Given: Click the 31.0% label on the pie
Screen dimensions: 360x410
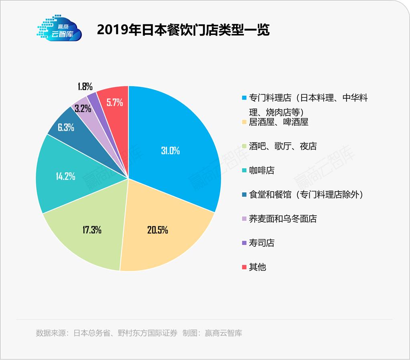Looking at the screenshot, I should click(170, 151).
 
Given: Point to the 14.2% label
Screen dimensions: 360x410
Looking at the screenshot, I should click(64, 176).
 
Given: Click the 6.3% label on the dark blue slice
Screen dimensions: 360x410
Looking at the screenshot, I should click(66, 127).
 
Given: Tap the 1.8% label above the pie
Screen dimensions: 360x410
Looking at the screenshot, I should click(85, 86).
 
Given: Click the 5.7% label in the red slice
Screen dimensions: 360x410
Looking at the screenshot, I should click(114, 102).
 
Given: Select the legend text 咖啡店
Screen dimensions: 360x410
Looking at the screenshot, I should click(262, 170).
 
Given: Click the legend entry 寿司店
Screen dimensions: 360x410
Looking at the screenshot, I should click(262, 243).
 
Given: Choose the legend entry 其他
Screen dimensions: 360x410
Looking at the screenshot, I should click(258, 267).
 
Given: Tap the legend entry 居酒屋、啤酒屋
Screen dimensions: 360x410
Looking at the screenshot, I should click(278, 122).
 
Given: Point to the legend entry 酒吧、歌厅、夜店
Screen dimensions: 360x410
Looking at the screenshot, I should click(283, 146).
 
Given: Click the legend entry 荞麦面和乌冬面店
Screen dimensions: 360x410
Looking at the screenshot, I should click(283, 219).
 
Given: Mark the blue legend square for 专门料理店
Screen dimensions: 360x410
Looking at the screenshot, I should click(244, 98).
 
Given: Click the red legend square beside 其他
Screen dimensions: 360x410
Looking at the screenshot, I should click(244, 267).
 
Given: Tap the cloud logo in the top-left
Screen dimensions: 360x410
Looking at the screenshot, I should click(59, 29).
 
